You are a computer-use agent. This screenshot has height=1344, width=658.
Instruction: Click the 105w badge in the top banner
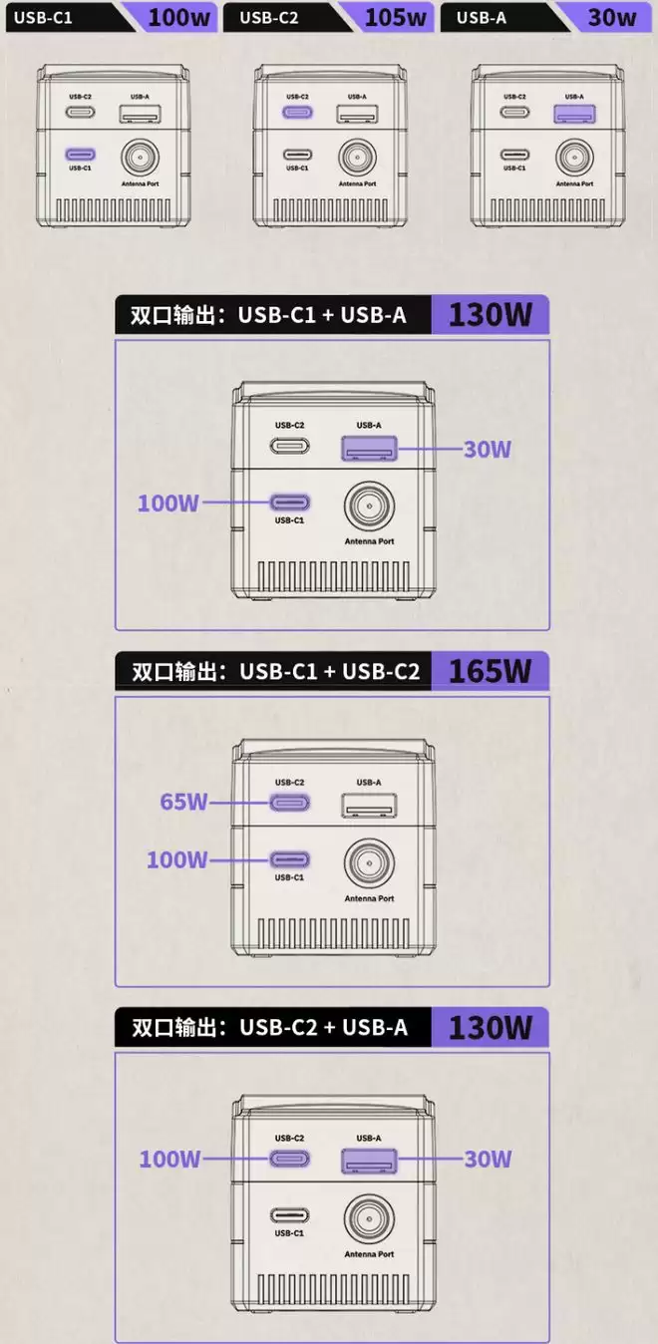(395, 17)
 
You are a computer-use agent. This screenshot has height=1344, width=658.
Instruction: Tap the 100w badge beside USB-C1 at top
(178, 17)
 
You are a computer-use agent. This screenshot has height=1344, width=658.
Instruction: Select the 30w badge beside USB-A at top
(612, 17)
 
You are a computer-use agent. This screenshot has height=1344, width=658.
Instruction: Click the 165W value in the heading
(491, 671)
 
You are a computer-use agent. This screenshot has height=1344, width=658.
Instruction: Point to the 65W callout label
(183, 802)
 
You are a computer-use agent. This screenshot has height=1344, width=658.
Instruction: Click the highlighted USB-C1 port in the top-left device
(81, 155)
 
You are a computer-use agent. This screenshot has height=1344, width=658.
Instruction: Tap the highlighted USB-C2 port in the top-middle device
(297, 113)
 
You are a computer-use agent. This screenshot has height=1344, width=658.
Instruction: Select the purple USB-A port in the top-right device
(574, 114)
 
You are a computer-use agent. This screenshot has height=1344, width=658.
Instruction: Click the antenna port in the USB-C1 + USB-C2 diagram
(370, 863)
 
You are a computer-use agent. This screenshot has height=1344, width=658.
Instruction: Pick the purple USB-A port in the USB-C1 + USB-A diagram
(369, 449)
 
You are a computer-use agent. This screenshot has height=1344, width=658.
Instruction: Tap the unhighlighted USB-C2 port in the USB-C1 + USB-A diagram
(290, 446)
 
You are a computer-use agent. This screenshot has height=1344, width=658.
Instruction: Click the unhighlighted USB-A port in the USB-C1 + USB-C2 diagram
(369, 806)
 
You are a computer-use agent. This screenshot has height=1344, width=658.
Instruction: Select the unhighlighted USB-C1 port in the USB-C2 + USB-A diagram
(290, 1215)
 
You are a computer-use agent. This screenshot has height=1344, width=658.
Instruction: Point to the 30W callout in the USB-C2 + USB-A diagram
(488, 1159)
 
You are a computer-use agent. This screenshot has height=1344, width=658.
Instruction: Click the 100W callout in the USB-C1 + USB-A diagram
(167, 503)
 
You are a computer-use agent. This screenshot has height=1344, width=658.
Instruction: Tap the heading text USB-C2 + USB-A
(323, 1027)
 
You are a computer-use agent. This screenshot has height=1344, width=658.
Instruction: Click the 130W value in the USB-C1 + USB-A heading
(491, 314)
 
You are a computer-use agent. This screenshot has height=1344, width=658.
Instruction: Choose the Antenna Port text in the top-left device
(141, 183)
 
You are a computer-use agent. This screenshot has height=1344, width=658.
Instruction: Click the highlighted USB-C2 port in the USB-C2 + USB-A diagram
(290, 1159)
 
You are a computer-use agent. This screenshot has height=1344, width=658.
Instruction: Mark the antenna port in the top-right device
(574, 157)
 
